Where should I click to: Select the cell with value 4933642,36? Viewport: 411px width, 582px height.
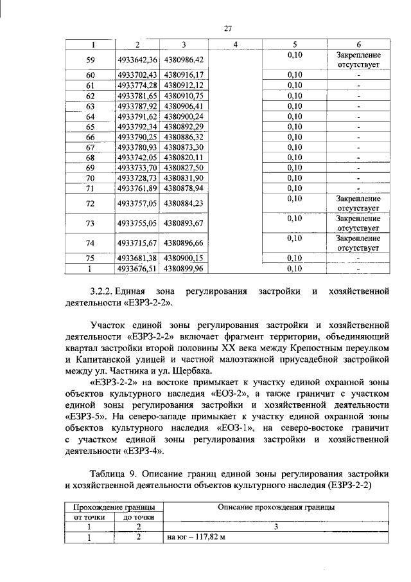click(137, 59)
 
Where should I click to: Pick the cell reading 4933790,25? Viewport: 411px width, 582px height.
click(137, 137)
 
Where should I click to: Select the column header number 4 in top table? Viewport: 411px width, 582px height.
click(235, 44)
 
